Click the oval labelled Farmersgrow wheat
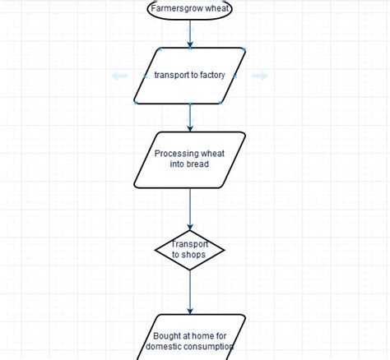click(190, 10)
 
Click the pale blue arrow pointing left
click(119, 76)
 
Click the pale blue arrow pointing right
click(260, 76)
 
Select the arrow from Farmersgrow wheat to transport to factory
click(190, 33)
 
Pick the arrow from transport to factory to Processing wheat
click(190, 117)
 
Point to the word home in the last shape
click(203, 336)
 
